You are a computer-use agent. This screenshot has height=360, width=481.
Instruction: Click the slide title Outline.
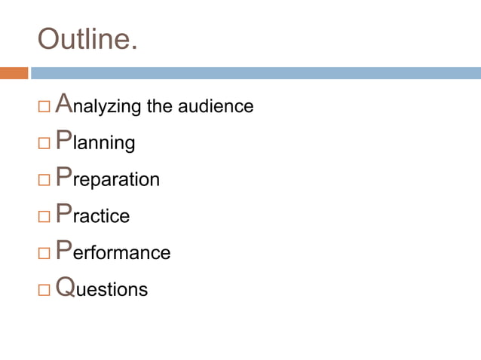(87, 38)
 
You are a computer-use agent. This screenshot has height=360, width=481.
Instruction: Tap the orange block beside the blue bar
(14, 73)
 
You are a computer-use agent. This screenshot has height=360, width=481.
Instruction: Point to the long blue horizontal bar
(255, 73)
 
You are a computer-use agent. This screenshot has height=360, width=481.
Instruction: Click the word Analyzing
(98, 105)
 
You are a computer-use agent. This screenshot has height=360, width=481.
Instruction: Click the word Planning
(95, 142)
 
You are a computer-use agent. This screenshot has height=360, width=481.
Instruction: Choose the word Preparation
(107, 179)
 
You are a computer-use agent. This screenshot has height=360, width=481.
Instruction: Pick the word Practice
(92, 215)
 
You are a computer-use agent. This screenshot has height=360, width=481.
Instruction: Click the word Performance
(113, 252)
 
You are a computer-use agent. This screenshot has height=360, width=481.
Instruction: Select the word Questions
(102, 288)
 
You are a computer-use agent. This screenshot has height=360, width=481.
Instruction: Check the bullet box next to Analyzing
(44, 107)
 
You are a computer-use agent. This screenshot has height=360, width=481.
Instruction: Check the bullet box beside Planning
(44, 143)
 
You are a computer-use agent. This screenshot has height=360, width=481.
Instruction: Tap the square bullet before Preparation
(44, 180)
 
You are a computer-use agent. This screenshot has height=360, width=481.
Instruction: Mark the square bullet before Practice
(44, 216)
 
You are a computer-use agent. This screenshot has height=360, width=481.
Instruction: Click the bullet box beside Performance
(44, 252)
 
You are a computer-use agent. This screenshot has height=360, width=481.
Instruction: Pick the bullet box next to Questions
(44, 289)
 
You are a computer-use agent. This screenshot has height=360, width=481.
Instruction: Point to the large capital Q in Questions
(66, 287)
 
